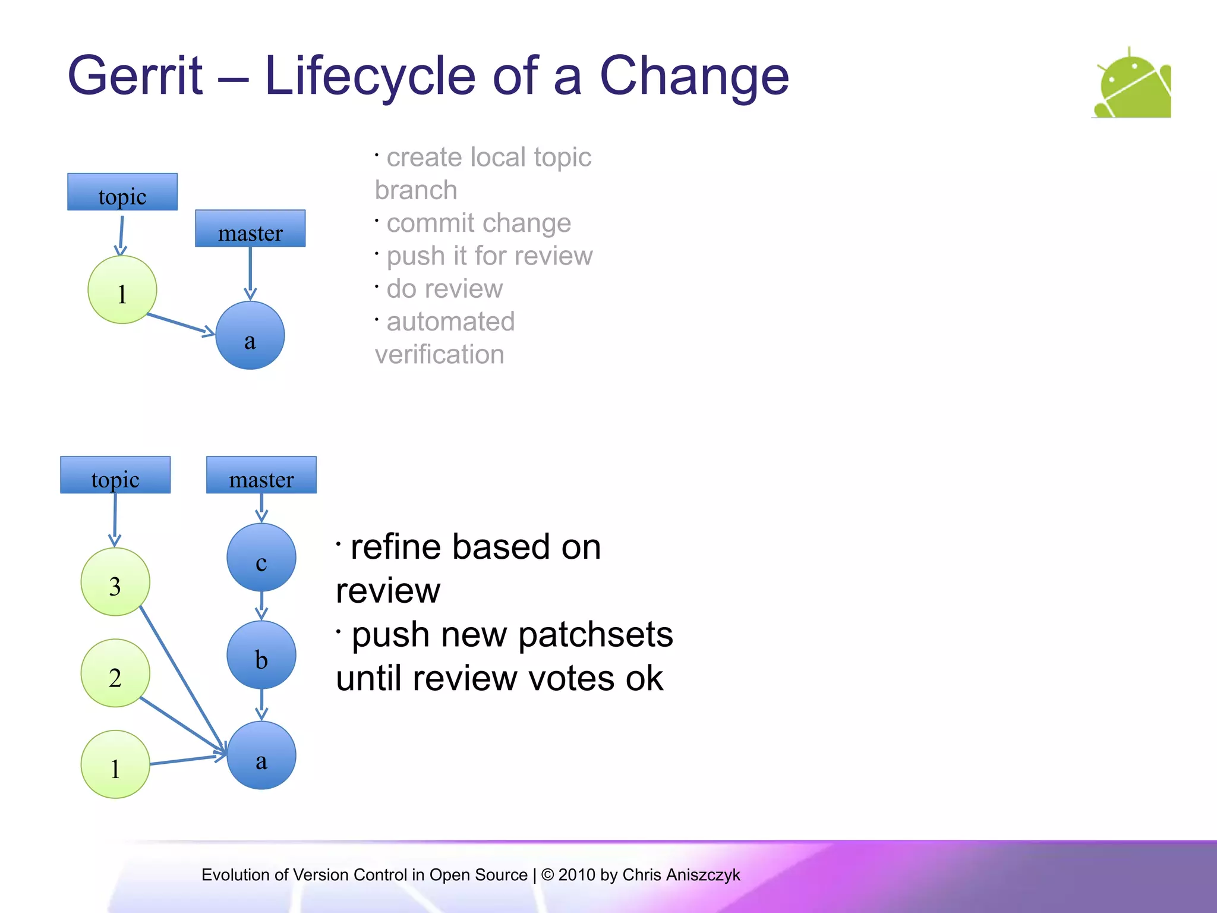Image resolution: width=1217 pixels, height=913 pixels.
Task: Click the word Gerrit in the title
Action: pyautogui.click(x=135, y=76)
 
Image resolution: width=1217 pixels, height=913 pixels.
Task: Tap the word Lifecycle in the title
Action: pyautogui.click(x=370, y=76)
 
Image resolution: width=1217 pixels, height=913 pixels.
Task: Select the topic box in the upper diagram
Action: pyautogui.click(x=122, y=192)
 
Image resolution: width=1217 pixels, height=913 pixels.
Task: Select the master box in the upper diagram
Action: pyautogui.click(x=250, y=228)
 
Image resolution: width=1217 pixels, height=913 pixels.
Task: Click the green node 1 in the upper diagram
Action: pyautogui.click(x=122, y=290)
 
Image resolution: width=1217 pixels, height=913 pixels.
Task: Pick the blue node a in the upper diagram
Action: pyautogui.click(x=250, y=336)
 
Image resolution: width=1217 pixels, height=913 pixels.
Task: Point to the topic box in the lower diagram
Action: pyautogui.click(x=115, y=475)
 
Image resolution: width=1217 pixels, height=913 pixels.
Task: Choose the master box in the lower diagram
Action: pyautogui.click(x=261, y=475)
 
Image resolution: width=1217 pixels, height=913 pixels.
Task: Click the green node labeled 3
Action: pyautogui.click(x=115, y=582)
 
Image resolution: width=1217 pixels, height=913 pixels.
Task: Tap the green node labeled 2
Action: pyautogui.click(x=115, y=673)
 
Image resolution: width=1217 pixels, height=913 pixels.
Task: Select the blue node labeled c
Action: pyautogui.click(x=261, y=558)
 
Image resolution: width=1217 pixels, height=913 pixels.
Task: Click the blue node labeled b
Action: pyautogui.click(x=261, y=655)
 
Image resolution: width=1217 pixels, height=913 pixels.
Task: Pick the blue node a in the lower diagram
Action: pyautogui.click(x=261, y=755)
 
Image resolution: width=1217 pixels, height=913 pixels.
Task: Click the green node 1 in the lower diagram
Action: pyautogui.click(x=115, y=764)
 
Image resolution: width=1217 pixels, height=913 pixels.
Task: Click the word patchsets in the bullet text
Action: pyautogui.click(x=595, y=635)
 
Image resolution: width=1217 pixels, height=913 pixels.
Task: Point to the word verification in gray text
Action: pyautogui.click(x=440, y=355)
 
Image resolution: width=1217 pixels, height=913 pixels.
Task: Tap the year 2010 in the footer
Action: pyautogui.click(x=576, y=875)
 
